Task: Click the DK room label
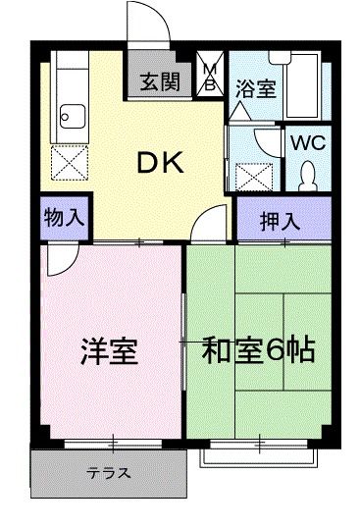coord(159,165)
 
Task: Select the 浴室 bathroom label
coord(256,87)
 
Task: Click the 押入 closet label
coord(280,220)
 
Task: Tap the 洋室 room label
coord(108,351)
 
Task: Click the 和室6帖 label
coord(259,350)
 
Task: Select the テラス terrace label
coord(109,473)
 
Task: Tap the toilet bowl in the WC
coord(307,176)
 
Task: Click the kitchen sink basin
coord(71,119)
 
